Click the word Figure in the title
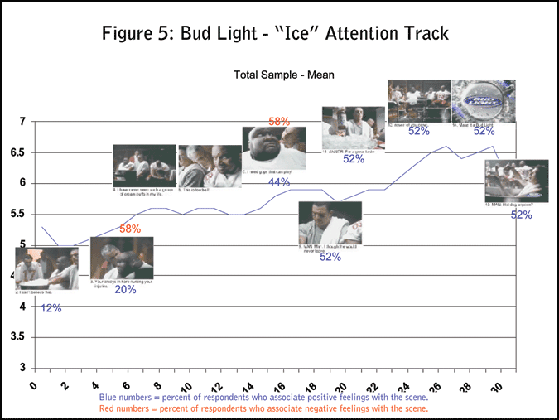(x=132, y=34)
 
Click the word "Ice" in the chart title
(x=279, y=34)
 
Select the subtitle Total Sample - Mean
(x=284, y=75)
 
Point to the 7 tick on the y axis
(x=22, y=123)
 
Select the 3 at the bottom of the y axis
(x=22, y=368)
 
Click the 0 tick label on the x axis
(x=34, y=385)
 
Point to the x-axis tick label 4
(x=96, y=385)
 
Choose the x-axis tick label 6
(x=127, y=385)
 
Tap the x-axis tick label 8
(x=157, y=385)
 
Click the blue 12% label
(x=51, y=308)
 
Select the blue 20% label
(x=125, y=290)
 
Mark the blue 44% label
(x=278, y=182)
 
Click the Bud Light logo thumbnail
(x=484, y=101)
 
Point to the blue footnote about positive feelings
(x=263, y=398)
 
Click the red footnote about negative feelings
(x=263, y=409)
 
